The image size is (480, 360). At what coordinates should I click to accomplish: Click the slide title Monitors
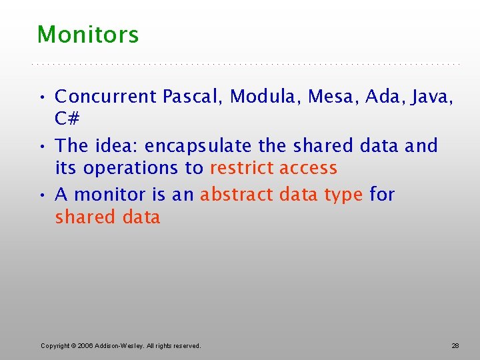point(88,35)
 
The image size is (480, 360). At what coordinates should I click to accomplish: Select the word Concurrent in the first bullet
point(105,97)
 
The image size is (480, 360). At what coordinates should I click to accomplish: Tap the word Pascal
point(193,97)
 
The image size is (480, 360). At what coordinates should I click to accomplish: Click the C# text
point(67,119)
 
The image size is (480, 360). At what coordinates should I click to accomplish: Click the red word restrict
point(242,168)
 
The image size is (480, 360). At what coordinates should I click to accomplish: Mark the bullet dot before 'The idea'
point(43,146)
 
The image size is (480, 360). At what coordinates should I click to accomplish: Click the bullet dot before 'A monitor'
point(43,195)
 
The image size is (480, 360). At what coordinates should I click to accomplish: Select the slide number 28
point(455,346)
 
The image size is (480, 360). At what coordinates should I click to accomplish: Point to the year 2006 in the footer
point(85,346)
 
